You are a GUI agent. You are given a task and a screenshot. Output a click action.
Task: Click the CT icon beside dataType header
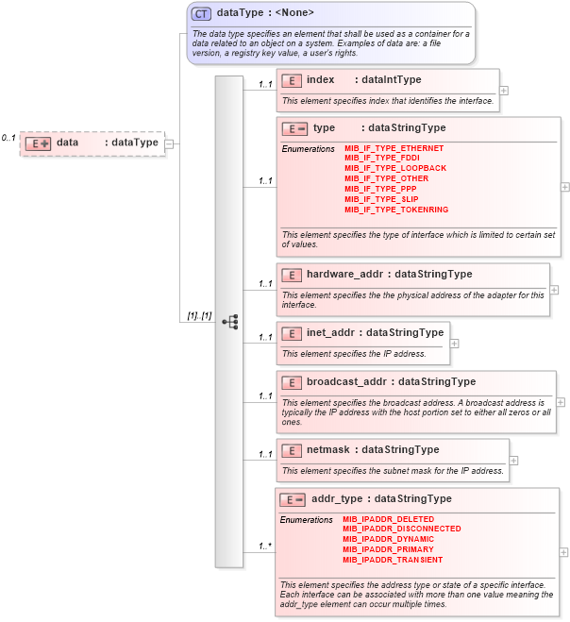(x=201, y=13)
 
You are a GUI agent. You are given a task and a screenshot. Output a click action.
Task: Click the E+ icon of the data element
(x=38, y=143)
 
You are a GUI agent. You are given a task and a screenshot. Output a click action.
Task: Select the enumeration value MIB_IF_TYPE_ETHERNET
(x=394, y=148)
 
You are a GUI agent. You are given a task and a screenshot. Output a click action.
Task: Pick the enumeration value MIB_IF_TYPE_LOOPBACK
(x=395, y=168)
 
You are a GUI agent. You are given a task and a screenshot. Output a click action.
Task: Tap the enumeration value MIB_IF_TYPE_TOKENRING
(x=396, y=209)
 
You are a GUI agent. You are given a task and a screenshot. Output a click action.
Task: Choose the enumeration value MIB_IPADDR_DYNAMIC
(x=388, y=539)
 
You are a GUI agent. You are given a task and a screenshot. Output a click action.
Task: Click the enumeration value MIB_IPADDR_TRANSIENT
(x=393, y=560)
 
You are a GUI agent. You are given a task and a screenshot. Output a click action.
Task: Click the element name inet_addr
(x=329, y=333)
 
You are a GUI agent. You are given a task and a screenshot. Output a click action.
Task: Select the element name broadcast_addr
(x=347, y=382)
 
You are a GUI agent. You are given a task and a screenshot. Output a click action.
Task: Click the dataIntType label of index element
(x=392, y=80)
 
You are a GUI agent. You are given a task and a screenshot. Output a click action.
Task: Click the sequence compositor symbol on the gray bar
(x=229, y=321)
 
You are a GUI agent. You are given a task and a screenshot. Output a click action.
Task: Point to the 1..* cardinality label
(x=265, y=546)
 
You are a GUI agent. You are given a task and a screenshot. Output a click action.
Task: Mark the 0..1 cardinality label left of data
(x=8, y=138)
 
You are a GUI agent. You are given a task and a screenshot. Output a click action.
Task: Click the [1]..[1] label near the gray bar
(x=195, y=315)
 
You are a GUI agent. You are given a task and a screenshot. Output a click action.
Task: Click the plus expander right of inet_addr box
(x=454, y=344)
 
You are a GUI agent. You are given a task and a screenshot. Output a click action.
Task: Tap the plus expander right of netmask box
(x=513, y=461)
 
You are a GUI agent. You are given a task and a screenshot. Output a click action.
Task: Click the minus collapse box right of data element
(x=169, y=143)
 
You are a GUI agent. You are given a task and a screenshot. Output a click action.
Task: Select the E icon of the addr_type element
(x=293, y=499)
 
